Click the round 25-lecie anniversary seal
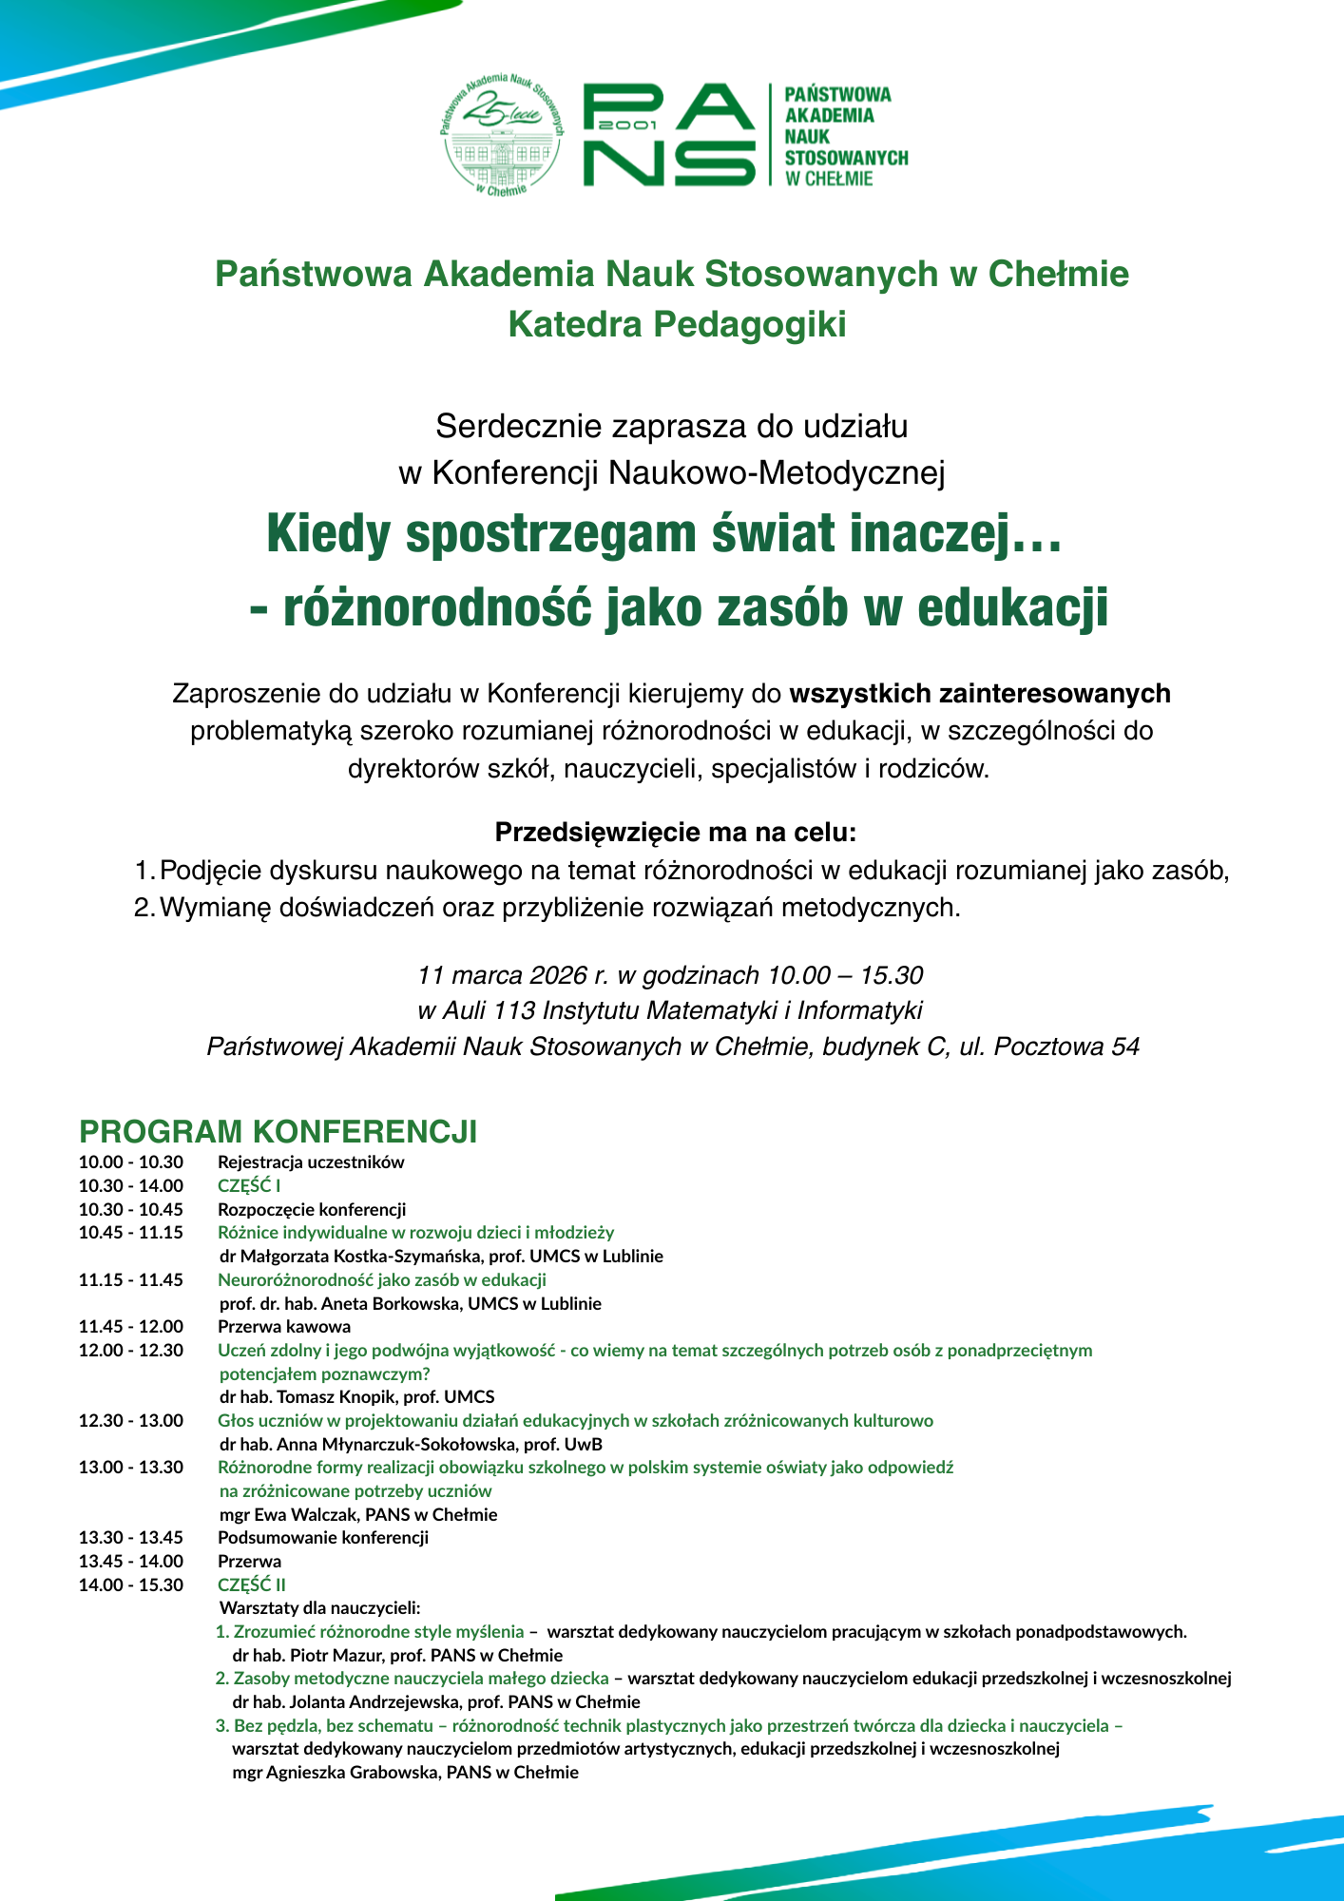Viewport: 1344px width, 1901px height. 501,134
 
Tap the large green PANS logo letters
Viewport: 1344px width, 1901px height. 669,134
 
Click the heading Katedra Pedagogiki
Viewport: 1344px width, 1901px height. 677,324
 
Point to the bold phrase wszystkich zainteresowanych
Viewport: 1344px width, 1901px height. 980,694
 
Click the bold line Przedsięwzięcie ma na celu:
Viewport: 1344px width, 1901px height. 676,833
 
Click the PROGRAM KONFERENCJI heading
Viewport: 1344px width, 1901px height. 278,1132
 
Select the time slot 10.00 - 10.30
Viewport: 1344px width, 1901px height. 131,1162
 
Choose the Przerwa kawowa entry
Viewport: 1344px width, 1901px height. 284,1326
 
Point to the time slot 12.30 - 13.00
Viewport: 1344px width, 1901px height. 131,1420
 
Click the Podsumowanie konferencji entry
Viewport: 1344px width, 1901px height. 323,1537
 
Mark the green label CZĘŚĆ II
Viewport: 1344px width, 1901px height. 252,1584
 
